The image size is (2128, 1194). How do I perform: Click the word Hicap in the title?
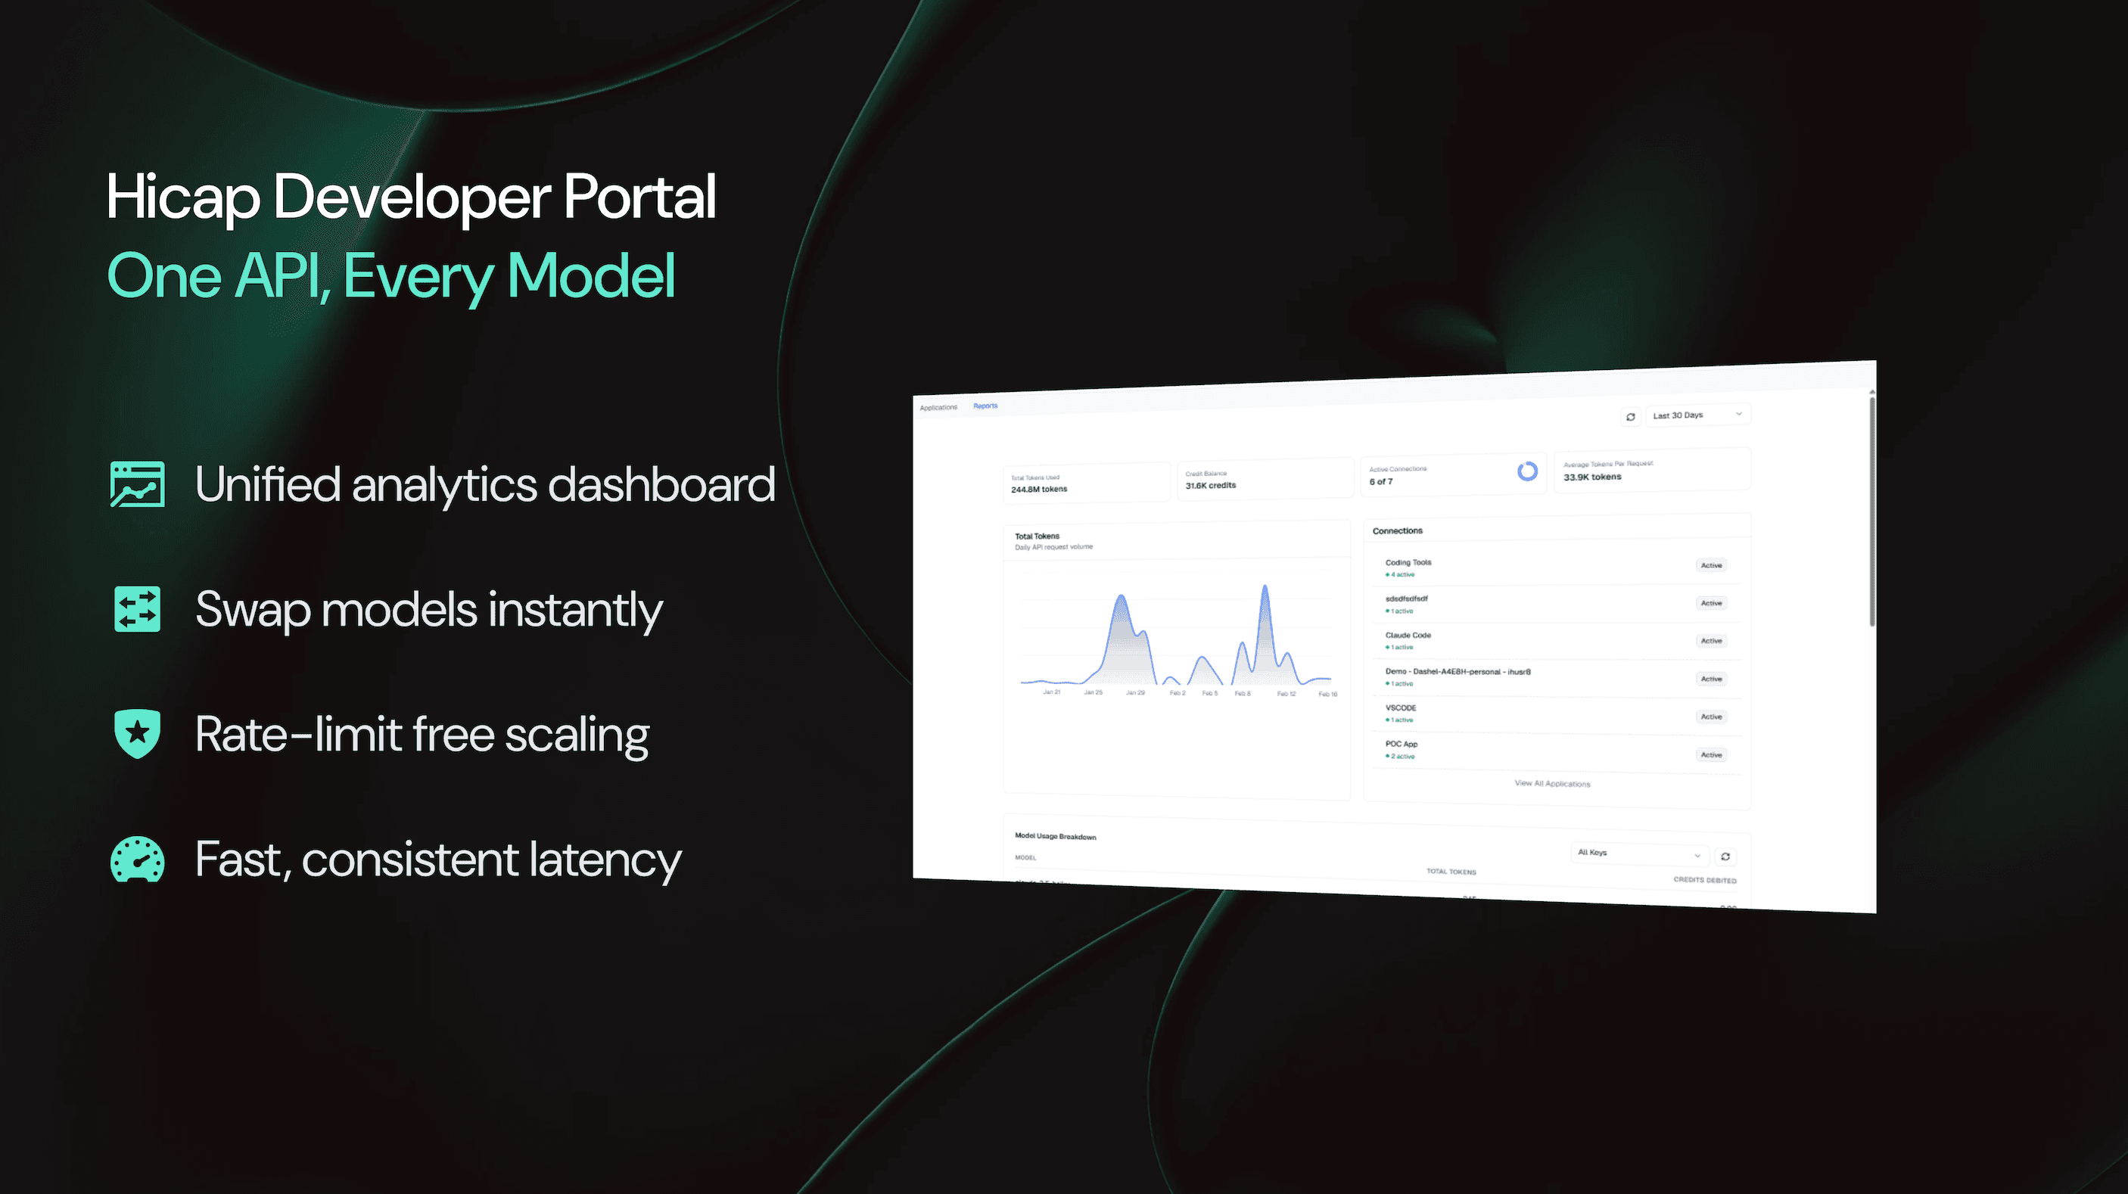click(182, 198)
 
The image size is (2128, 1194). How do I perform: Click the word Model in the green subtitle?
click(592, 277)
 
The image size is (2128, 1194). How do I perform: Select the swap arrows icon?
click(137, 609)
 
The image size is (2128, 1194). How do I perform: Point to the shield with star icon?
click(137, 733)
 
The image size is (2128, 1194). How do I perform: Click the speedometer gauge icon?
click(137, 860)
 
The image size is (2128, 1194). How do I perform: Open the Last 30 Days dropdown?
click(1697, 415)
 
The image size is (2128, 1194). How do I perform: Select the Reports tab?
click(985, 406)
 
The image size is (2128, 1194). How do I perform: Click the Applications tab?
click(938, 407)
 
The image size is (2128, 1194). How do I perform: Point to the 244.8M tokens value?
click(1038, 489)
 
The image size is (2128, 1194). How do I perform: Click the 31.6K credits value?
click(1210, 485)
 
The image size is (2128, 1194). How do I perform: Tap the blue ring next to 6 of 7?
click(1527, 471)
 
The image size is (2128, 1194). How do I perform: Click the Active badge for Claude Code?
click(1711, 641)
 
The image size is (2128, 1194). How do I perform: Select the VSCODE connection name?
click(1400, 707)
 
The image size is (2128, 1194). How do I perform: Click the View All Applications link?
click(1551, 783)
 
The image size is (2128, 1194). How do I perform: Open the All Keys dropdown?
click(1639, 853)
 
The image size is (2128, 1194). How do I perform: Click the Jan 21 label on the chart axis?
click(1051, 692)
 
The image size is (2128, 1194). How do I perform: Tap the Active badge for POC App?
click(1711, 754)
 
